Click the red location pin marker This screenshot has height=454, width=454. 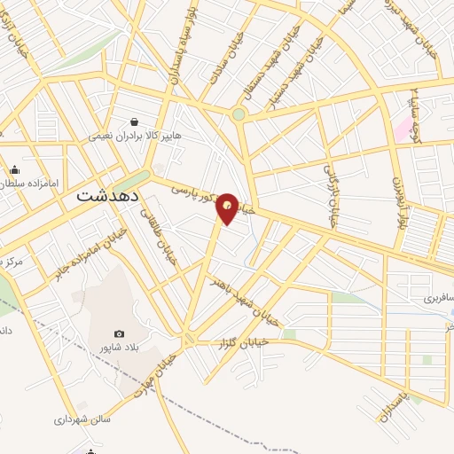click(x=228, y=208)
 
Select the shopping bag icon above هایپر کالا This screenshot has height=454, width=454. click(x=134, y=121)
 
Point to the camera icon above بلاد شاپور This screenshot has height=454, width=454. click(x=120, y=333)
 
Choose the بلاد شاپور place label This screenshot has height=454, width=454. click(x=121, y=348)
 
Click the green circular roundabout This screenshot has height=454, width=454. click(x=238, y=114)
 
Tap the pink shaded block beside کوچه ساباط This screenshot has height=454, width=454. click(x=405, y=128)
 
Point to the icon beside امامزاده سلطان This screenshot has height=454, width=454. click(x=14, y=170)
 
